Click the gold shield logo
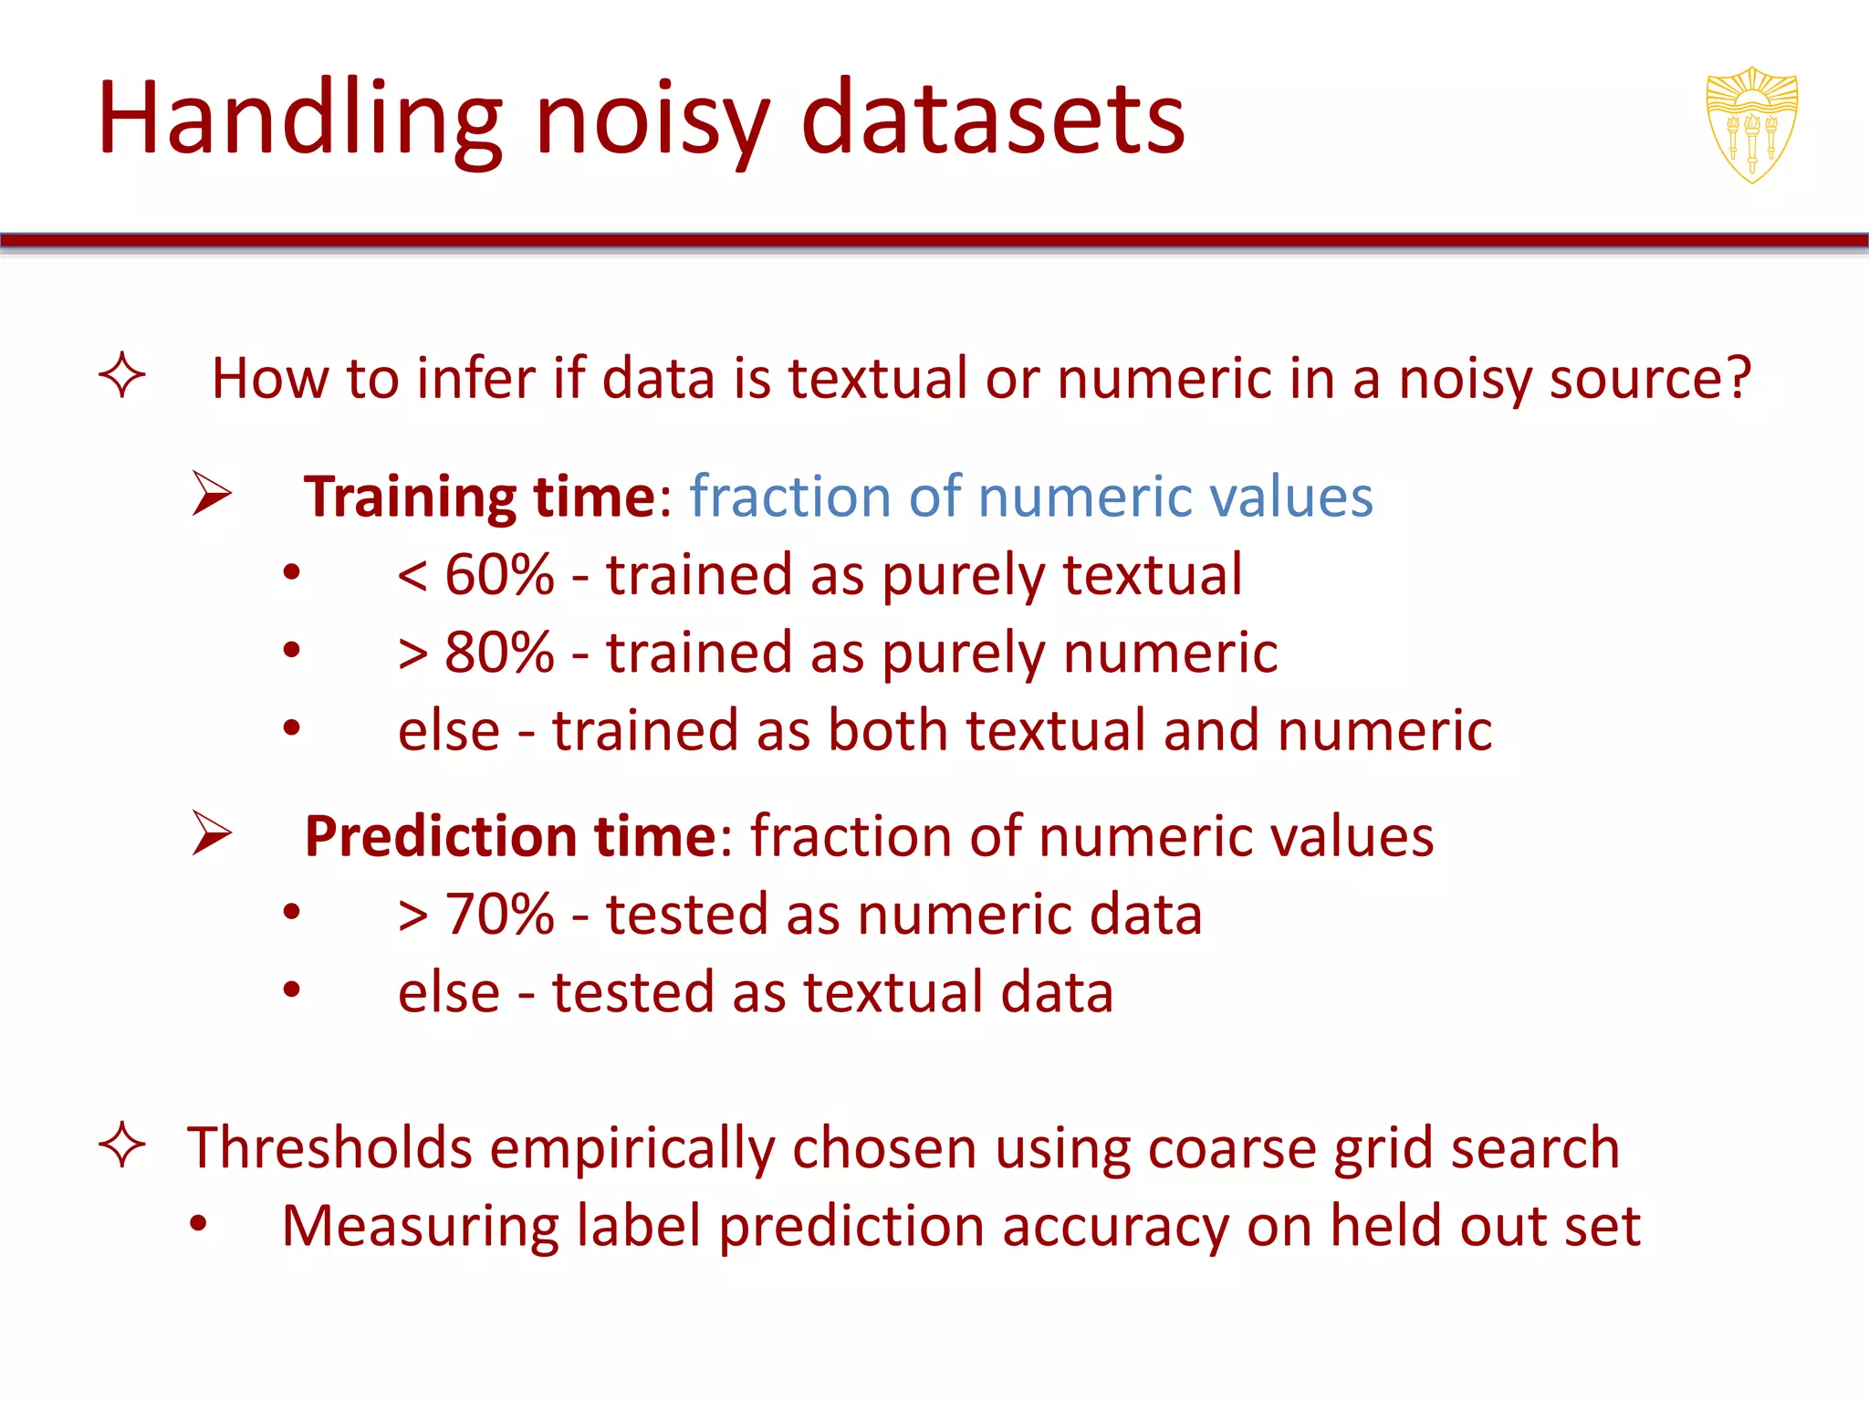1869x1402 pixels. pyautogui.click(x=1751, y=124)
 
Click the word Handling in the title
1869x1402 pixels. pyautogui.click(x=300, y=119)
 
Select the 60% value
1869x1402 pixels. pyautogui.click(x=499, y=575)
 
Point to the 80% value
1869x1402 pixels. pyautogui.click(x=499, y=653)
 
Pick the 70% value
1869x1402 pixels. pyautogui.click(x=499, y=914)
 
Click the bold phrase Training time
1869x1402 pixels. pyautogui.click(x=480, y=497)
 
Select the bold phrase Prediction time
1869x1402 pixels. pyautogui.click(x=511, y=836)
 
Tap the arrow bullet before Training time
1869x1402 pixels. pyautogui.click(x=212, y=494)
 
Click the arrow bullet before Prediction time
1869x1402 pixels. pyautogui.click(x=212, y=833)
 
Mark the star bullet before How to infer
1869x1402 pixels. pyautogui.click(x=122, y=376)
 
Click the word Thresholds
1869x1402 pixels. pyautogui.click(x=329, y=1147)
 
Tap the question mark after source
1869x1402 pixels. pyautogui.click(x=1734, y=378)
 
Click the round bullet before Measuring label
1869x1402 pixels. pyautogui.click(x=199, y=1225)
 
